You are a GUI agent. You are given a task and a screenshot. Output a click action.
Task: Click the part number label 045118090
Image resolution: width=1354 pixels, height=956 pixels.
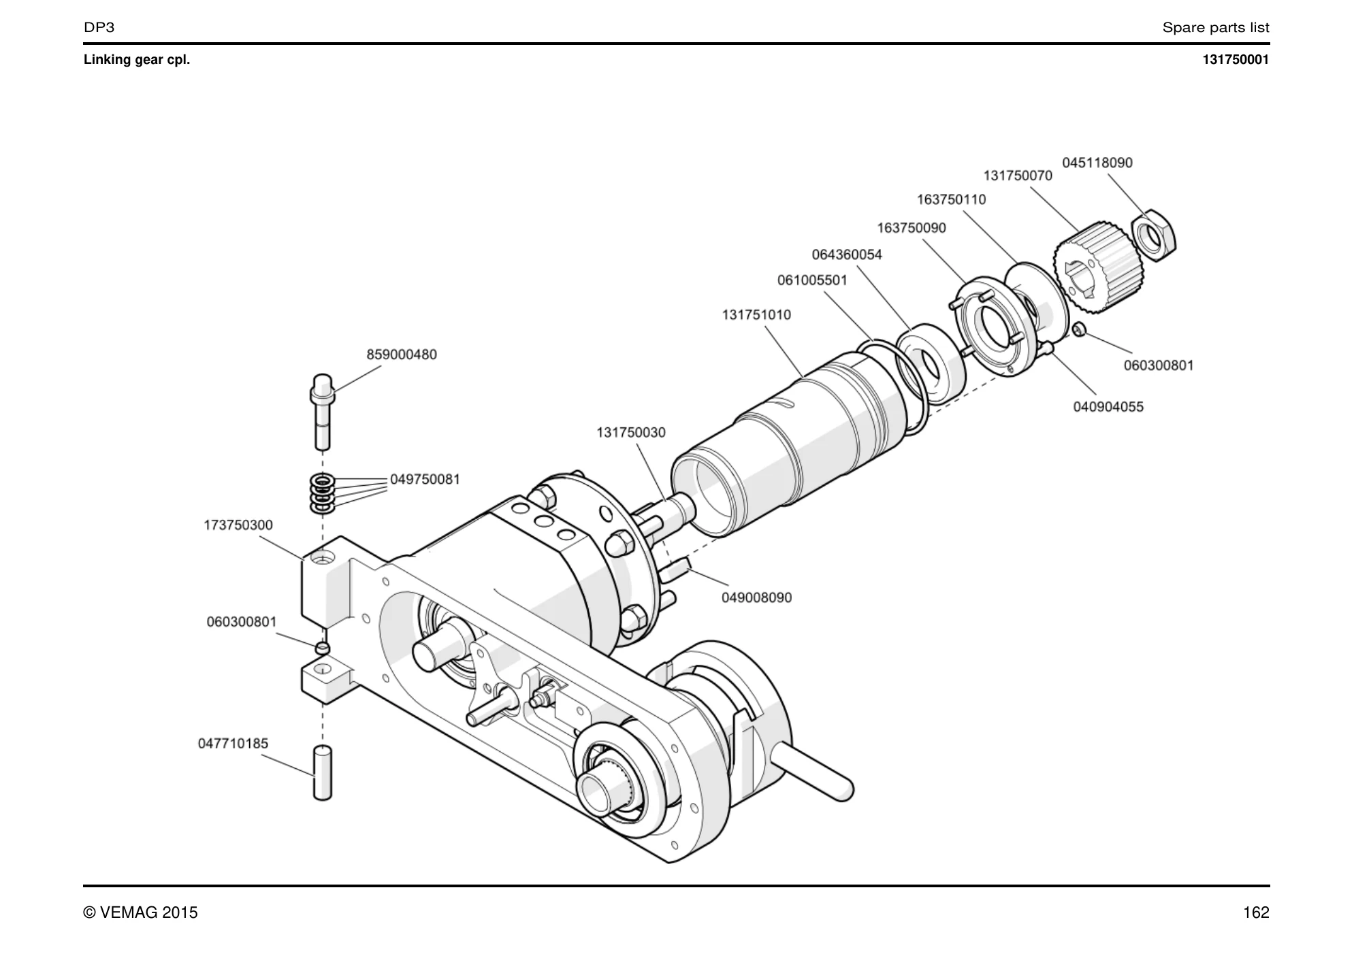(x=1097, y=163)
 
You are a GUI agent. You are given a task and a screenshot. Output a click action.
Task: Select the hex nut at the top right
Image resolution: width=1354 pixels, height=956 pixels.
(x=1153, y=235)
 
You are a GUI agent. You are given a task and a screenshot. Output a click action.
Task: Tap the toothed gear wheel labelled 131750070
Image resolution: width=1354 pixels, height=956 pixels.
(x=1098, y=267)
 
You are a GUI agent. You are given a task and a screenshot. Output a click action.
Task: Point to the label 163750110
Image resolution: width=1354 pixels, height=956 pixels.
(x=951, y=199)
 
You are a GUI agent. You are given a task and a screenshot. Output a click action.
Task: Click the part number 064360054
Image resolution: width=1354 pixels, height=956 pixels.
(x=847, y=254)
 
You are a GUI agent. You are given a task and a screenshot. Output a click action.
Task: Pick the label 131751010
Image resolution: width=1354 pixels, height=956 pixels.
(x=756, y=315)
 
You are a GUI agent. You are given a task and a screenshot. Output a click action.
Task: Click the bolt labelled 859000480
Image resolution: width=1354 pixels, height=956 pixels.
(x=323, y=412)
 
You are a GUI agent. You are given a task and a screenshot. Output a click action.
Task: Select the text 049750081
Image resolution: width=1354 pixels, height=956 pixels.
(x=425, y=479)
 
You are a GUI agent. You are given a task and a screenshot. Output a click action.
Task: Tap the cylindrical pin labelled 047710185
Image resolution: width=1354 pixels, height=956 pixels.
(x=323, y=773)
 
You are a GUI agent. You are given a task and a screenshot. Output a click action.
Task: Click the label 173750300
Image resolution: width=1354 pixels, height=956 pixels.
(x=238, y=525)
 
